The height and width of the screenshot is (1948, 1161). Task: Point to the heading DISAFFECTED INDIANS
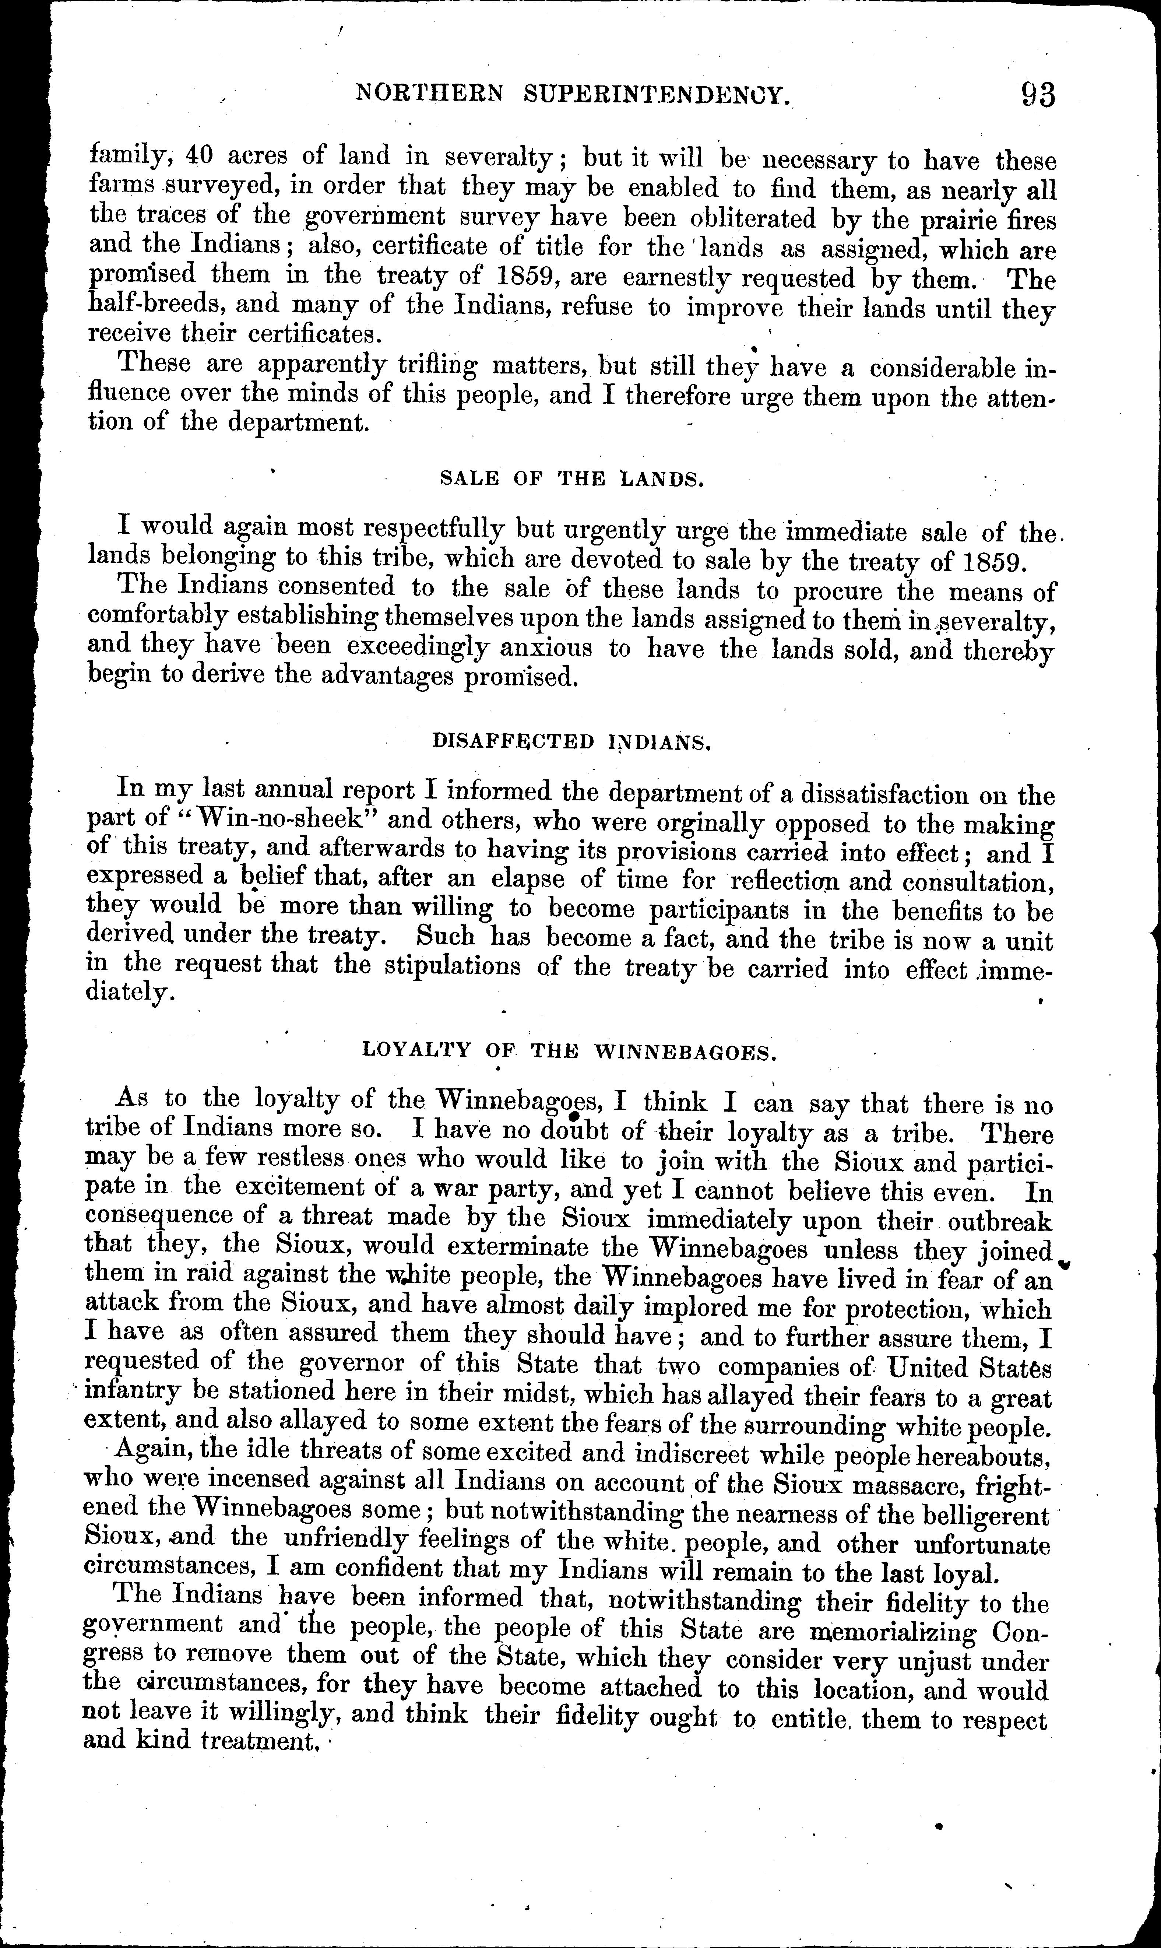(571, 742)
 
